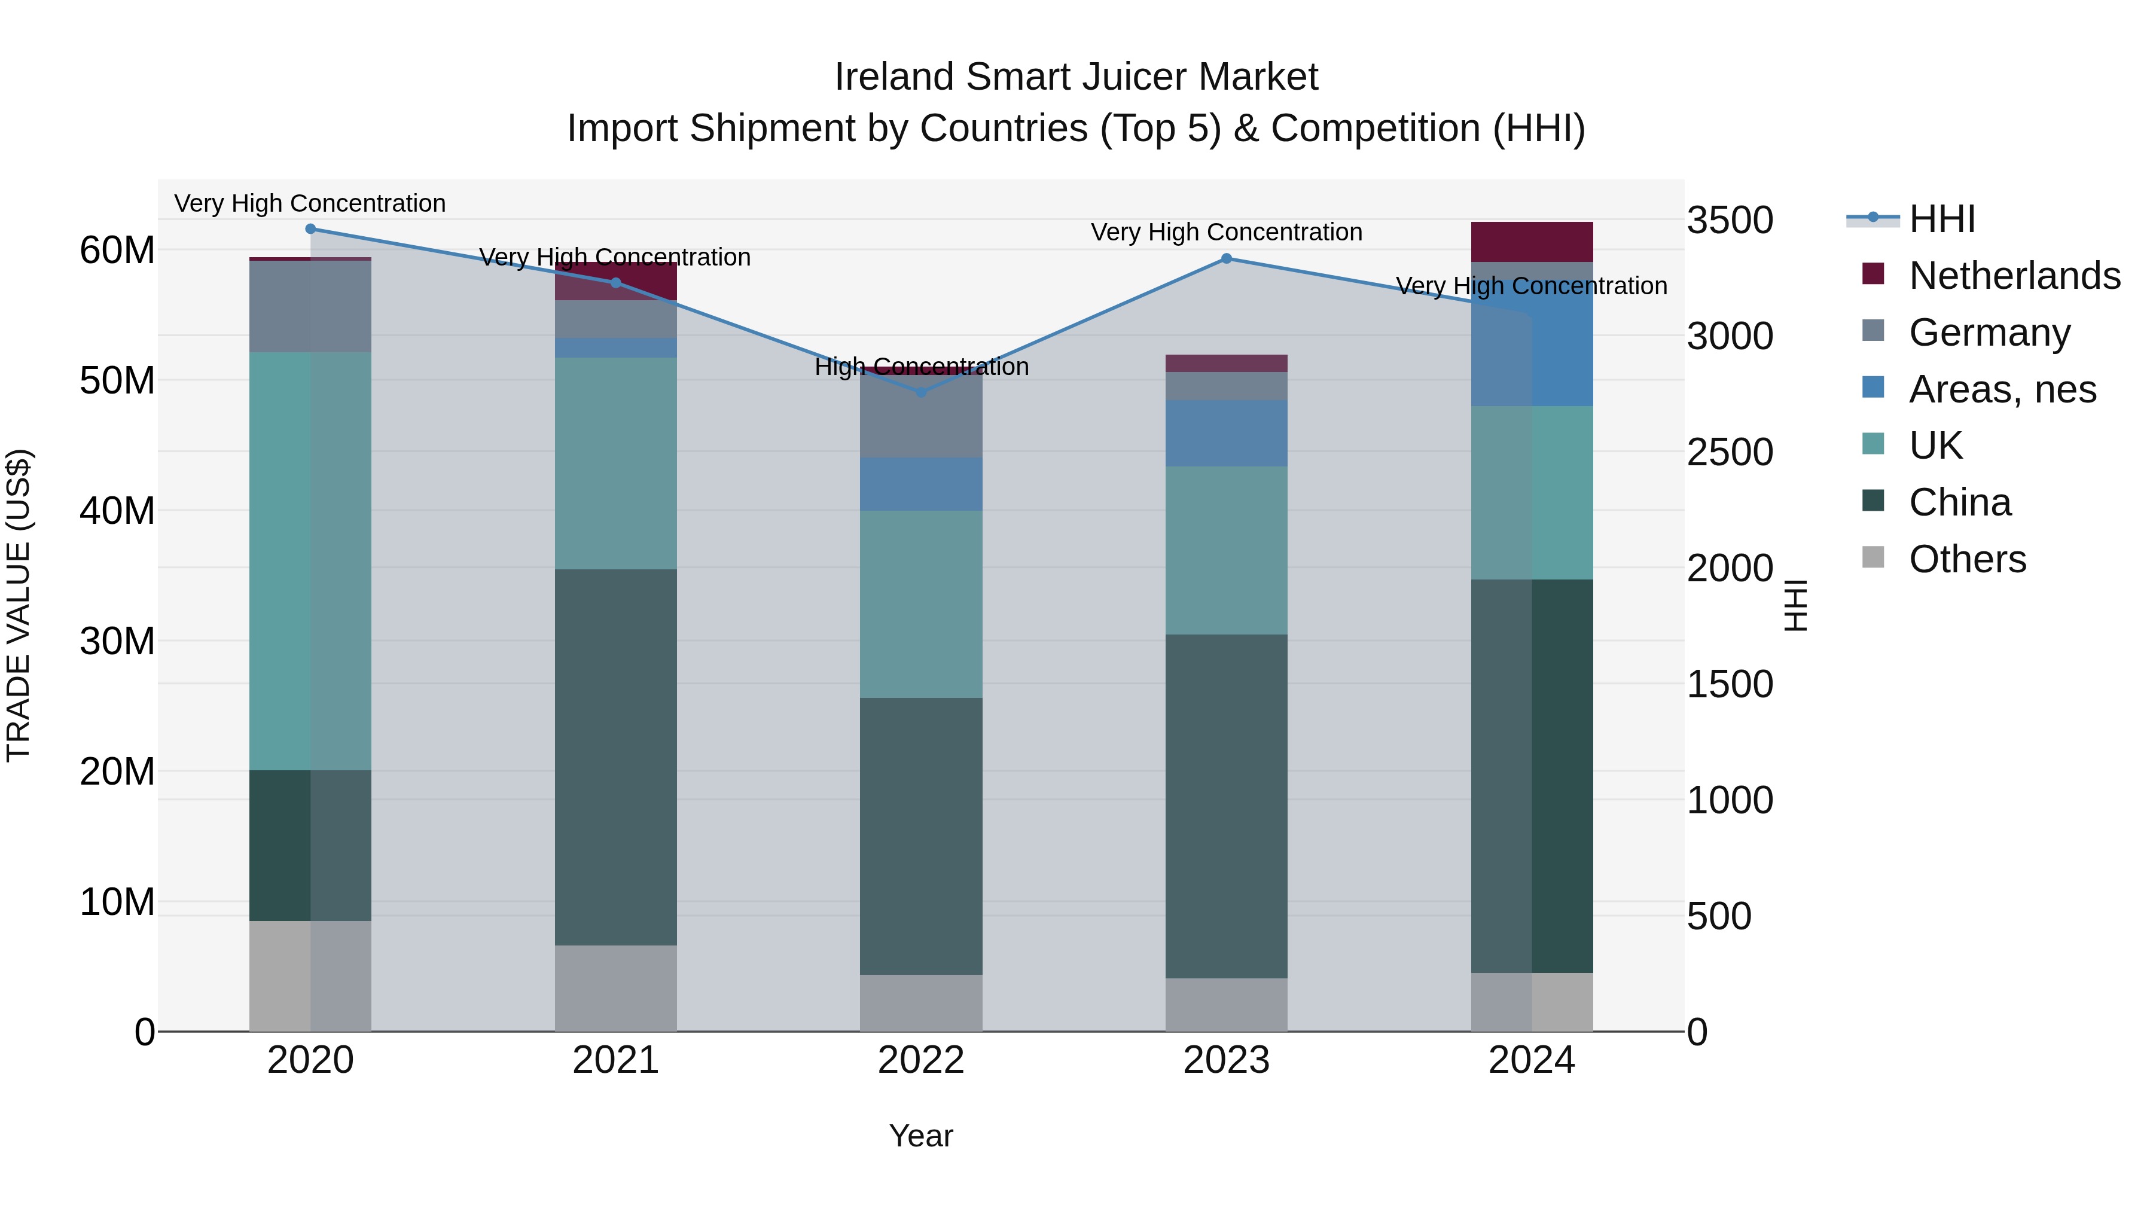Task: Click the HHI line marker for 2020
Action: click(x=310, y=228)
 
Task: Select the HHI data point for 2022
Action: click(x=921, y=391)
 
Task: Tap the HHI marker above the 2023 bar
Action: click(x=1226, y=258)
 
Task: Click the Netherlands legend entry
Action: click(x=2014, y=275)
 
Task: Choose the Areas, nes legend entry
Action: click(x=2002, y=389)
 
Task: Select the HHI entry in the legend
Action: click(x=1941, y=219)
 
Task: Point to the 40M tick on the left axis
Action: click(x=117, y=511)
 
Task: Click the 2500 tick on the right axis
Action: click(x=1729, y=452)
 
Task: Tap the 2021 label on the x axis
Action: click(x=615, y=1060)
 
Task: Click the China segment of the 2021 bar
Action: click(x=615, y=757)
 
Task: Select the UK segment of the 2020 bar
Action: click(x=310, y=560)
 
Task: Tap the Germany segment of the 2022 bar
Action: click(x=921, y=416)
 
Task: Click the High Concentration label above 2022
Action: click(x=921, y=367)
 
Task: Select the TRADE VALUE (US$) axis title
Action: click(x=19, y=605)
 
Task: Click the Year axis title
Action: click(x=920, y=1136)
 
